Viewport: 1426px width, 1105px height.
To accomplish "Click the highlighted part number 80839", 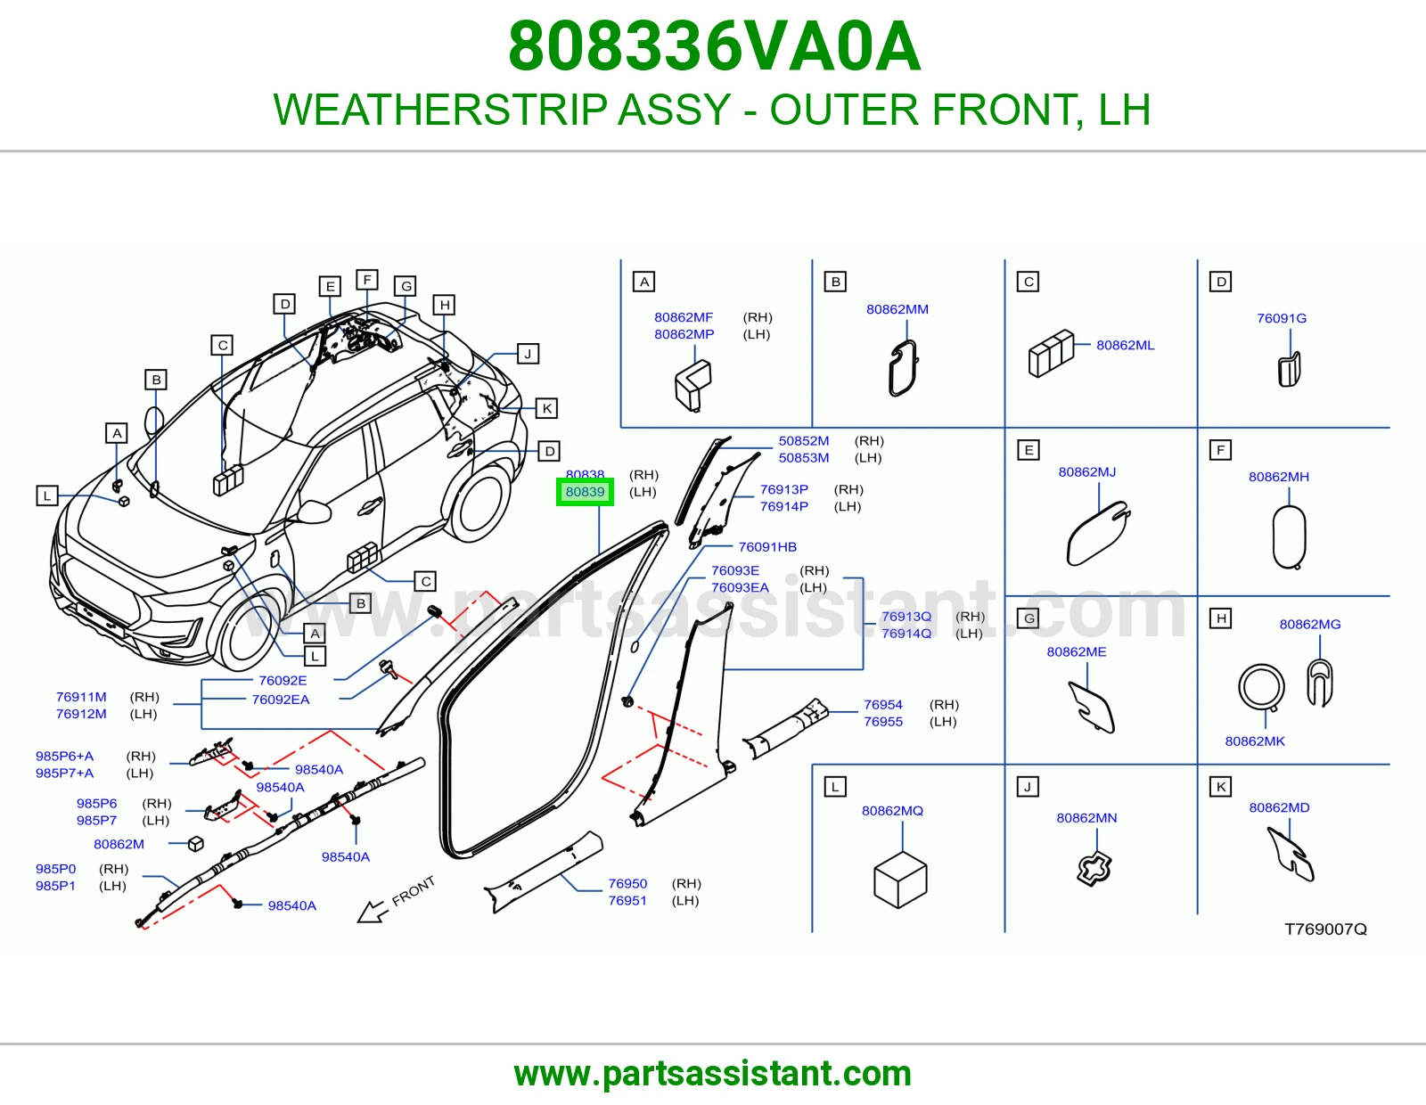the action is pos(585,492).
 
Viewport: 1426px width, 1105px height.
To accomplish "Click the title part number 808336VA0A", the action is pos(714,46).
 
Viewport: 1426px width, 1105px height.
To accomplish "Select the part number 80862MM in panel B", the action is pos(897,309).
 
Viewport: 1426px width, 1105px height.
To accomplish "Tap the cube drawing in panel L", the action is pos(900,880).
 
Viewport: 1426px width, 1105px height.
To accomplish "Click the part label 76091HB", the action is pos(767,546).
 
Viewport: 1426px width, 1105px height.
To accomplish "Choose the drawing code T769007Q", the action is pos(1325,929).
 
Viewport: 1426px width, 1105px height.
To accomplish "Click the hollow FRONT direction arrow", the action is pos(372,912).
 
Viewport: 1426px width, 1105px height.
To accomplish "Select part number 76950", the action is pos(627,883).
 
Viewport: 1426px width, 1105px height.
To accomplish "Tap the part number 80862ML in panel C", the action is pos(1125,345).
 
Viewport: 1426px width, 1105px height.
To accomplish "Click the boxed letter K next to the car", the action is pos(546,408).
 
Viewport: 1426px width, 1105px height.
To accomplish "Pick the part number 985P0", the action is pos(56,868).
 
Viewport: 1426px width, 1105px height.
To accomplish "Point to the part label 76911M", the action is pos(81,696).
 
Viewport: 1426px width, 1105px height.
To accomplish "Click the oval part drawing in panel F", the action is pos(1289,536).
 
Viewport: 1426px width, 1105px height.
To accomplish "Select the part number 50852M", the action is pos(803,441).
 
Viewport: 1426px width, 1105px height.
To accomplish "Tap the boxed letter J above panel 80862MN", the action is pos(1027,786).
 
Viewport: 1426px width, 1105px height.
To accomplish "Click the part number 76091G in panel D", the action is pos(1281,318).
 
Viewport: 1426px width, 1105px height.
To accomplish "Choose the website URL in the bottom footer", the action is pos(713,1074).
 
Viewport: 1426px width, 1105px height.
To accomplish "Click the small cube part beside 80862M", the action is pos(195,844).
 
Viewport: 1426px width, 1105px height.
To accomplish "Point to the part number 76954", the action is pos(882,704).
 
